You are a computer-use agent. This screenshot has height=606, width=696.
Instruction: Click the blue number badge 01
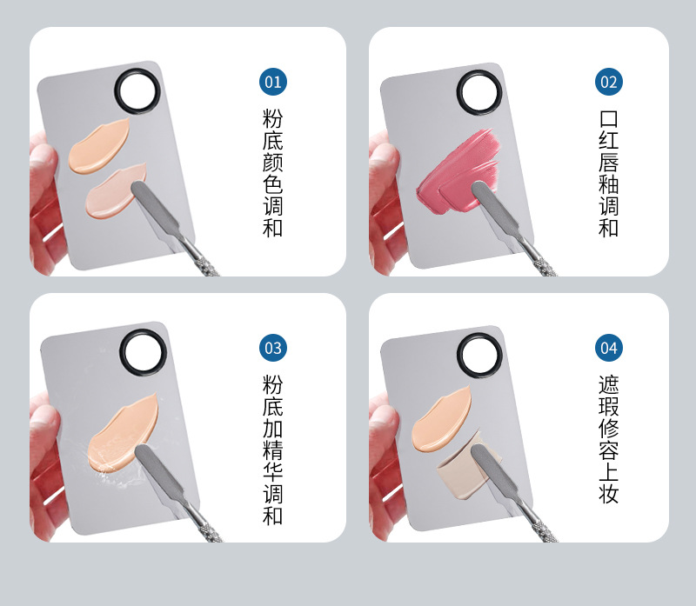click(273, 82)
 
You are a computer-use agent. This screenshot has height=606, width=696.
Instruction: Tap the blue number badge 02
click(608, 82)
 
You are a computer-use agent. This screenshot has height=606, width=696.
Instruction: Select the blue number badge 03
click(273, 348)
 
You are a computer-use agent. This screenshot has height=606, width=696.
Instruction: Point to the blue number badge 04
click(608, 348)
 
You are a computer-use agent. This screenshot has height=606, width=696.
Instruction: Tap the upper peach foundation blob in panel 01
click(98, 146)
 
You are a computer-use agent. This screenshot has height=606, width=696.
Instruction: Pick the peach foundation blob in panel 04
click(441, 420)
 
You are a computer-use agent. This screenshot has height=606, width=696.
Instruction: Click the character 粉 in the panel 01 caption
click(272, 119)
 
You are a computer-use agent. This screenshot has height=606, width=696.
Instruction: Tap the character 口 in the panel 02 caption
click(608, 119)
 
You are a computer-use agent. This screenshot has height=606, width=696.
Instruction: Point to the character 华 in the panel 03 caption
click(272, 471)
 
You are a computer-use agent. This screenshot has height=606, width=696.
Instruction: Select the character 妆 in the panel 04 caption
click(608, 493)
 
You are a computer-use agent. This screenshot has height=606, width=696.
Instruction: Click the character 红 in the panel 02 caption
click(608, 141)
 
